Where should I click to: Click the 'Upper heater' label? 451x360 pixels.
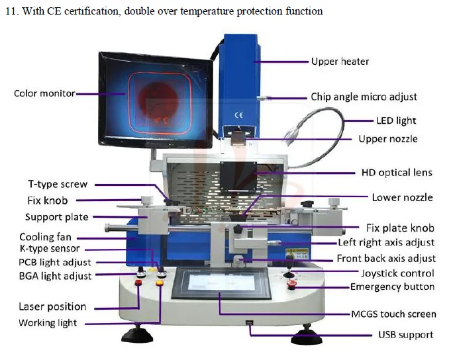tap(340, 62)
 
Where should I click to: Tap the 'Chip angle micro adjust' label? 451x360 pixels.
tap(364, 97)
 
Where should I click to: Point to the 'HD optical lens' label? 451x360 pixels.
tap(396, 173)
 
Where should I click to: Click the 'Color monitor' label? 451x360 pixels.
tap(44, 93)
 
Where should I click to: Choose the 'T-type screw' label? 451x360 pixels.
tap(57, 185)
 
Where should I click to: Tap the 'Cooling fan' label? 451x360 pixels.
tap(45, 237)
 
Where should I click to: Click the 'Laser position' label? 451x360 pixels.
tap(52, 306)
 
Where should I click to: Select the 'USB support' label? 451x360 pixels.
tap(405, 335)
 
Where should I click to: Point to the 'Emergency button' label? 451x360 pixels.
tap(392, 287)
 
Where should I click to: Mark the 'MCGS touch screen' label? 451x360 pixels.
tap(393, 314)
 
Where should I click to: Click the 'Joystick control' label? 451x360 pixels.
tap(397, 273)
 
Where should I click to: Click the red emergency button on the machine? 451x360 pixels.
tap(292, 286)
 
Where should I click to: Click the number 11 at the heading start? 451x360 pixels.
tap(9, 11)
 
